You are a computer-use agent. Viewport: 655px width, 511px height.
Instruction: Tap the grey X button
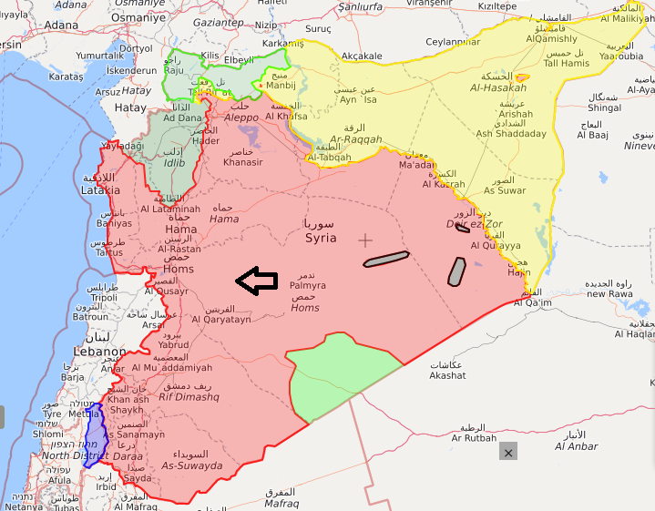click(x=508, y=451)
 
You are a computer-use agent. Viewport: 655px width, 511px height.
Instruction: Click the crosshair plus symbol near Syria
click(x=365, y=240)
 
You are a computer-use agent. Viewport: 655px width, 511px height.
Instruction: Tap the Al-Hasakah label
click(x=498, y=87)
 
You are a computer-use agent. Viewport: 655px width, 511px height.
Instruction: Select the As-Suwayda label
click(x=191, y=465)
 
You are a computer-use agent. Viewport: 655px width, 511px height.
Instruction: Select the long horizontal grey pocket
click(x=386, y=260)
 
